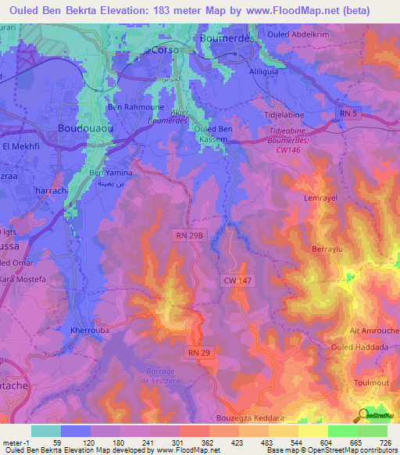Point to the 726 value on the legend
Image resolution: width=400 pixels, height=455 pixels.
pyautogui.click(x=385, y=443)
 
